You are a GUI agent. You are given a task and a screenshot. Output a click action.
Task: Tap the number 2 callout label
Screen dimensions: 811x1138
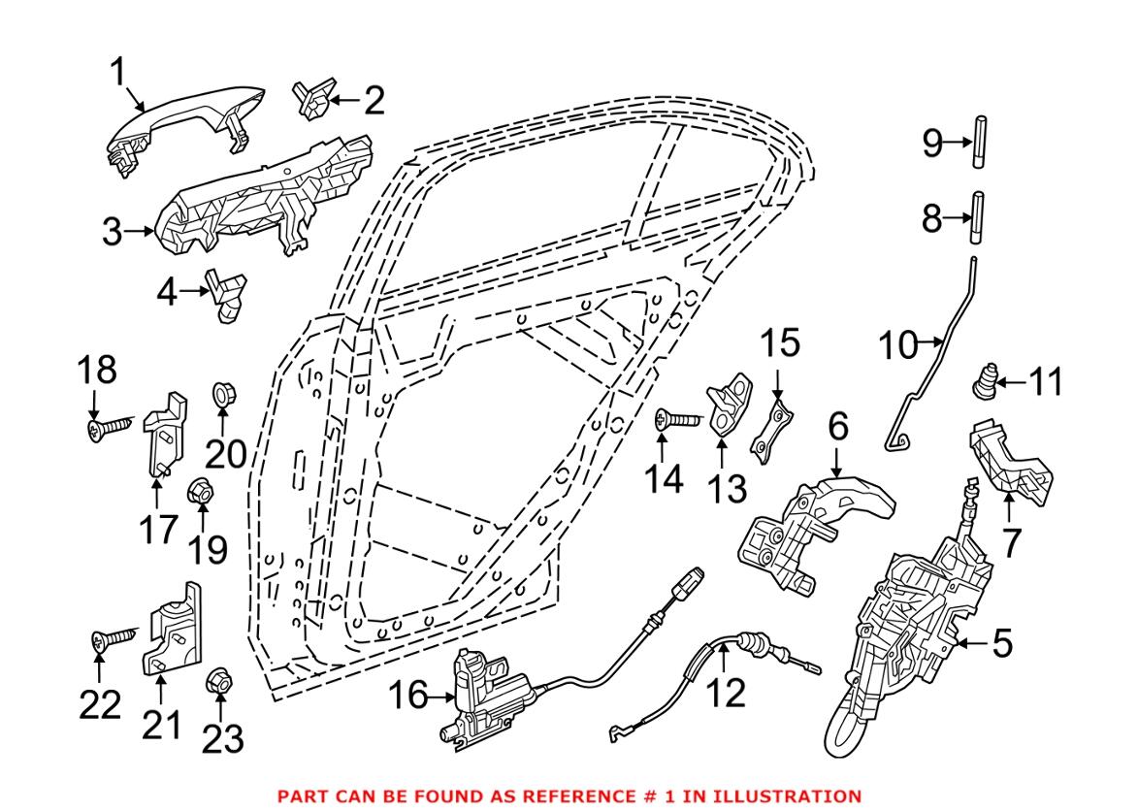click(373, 100)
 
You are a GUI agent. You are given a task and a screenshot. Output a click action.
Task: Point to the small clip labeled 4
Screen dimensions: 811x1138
click(226, 295)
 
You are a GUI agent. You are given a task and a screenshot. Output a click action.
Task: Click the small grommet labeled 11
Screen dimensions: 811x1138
click(985, 381)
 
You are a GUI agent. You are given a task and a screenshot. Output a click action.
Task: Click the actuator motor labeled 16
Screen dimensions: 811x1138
click(485, 694)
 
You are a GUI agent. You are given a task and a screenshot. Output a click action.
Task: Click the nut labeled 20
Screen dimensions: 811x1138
click(222, 396)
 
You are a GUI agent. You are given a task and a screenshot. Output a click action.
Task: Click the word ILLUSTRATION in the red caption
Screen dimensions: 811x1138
click(789, 796)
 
